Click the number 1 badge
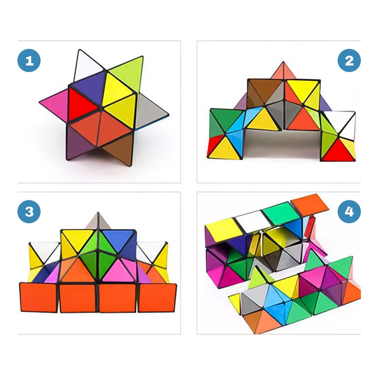point(29,61)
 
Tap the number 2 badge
point(349,61)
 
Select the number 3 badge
point(29,212)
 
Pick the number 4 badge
point(349,212)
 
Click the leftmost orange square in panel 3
point(38,298)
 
